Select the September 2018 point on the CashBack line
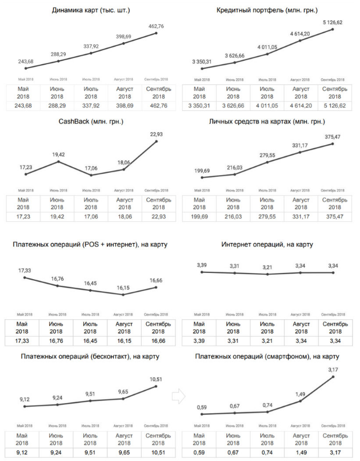point(156,141)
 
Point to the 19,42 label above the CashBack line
point(58,154)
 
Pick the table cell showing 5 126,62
point(333,105)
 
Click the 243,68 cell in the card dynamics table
point(24,105)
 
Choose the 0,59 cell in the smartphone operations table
point(200,451)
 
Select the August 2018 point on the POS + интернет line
point(124,294)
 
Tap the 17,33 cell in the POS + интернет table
point(24,341)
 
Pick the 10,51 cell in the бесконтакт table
point(156,451)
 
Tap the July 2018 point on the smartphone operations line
point(268,411)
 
